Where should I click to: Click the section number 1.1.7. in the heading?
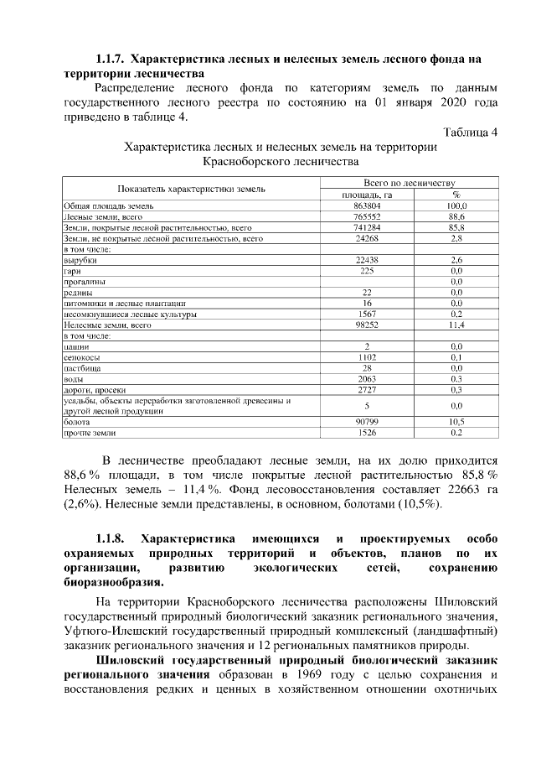(111, 60)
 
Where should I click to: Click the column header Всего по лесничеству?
(408, 182)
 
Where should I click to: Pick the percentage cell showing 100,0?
(456, 205)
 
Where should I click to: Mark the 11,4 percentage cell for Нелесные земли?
(456, 325)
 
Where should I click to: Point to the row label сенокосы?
(81, 357)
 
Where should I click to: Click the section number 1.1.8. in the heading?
(111, 538)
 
